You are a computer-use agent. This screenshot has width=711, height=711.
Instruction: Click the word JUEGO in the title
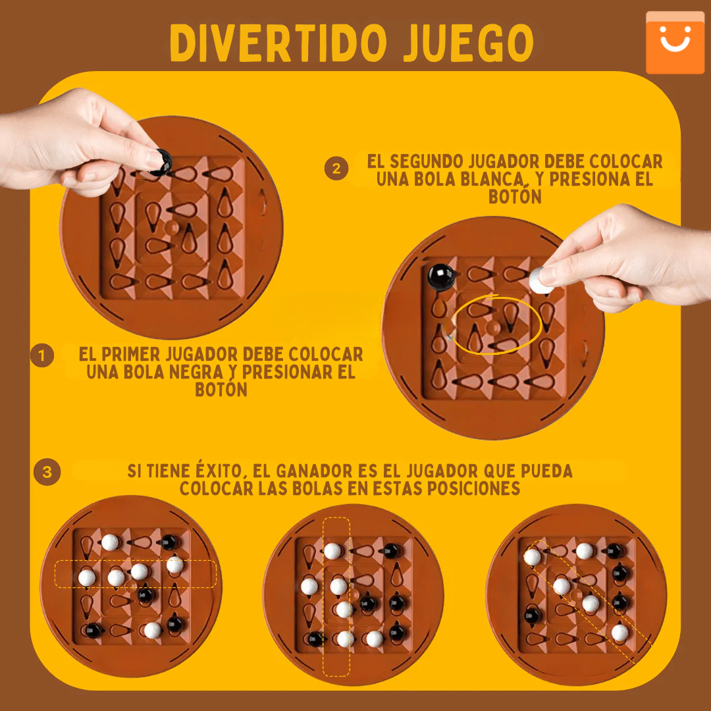click(469, 43)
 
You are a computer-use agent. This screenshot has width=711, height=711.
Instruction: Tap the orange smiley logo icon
click(674, 41)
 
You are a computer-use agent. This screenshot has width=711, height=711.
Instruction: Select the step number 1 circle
click(42, 356)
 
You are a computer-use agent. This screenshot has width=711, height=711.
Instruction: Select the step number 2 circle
click(336, 169)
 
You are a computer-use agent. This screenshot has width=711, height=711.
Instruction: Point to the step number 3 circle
click(47, 472)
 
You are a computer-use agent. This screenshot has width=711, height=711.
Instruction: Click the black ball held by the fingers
click(161, 161)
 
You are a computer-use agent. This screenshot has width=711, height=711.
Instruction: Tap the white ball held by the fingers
click(541, 279)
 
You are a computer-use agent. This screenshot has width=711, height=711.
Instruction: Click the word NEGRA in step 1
click(196, 372)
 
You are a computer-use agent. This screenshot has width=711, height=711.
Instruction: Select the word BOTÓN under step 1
click(221, 390)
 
